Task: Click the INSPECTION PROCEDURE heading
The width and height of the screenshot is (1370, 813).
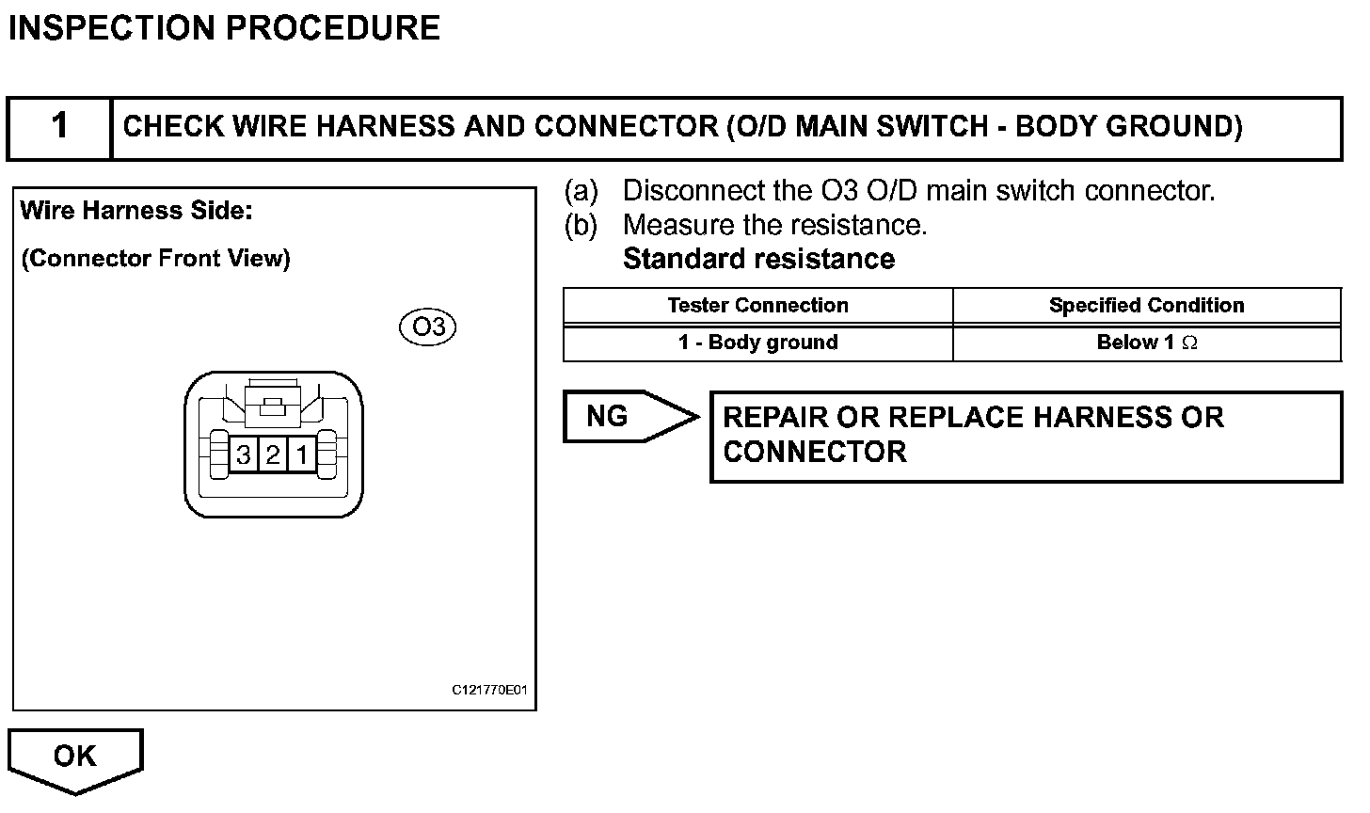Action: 224,28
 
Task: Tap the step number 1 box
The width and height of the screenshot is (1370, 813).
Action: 59,126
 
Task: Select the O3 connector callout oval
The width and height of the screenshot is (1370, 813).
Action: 428,327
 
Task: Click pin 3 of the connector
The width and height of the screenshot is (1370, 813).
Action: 244,455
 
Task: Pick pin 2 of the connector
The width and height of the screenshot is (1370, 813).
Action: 273,455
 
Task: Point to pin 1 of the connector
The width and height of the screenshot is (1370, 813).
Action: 301,455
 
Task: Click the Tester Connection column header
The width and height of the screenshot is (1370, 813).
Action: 757,306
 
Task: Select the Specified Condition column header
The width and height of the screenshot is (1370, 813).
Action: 1146,306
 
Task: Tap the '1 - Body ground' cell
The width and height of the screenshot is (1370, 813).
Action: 757,343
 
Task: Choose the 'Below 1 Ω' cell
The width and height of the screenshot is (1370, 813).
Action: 1146,343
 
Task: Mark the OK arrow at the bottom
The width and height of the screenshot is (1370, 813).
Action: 74,757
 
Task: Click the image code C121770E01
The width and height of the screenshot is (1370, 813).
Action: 489,691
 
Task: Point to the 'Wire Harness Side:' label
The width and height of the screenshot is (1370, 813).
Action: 136,211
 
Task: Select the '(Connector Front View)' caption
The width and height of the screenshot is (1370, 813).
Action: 155,259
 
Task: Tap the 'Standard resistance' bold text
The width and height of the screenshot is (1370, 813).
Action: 758,259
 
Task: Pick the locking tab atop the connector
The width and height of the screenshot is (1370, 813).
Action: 272,405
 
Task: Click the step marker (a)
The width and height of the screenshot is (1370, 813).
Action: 581,191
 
